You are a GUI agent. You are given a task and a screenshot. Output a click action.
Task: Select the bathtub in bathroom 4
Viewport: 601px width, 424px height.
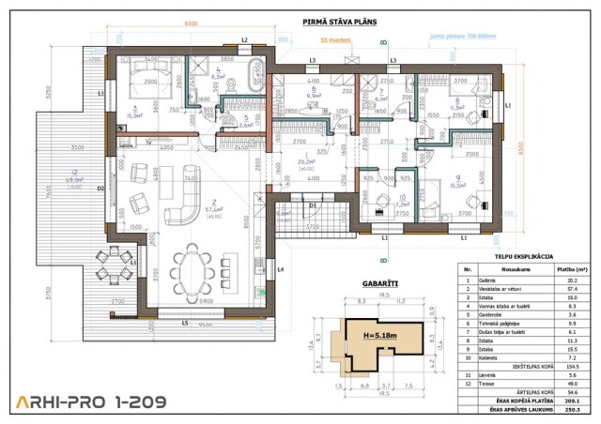point(255,75)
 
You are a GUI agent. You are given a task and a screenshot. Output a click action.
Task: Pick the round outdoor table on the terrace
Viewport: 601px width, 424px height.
point(111,274)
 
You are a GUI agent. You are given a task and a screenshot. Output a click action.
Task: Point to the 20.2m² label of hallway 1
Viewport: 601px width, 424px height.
point(306,161)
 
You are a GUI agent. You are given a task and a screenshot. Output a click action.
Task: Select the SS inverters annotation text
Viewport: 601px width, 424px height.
point(336,40)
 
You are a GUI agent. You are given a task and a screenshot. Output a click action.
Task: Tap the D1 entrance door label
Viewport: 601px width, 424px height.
point(314,204)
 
